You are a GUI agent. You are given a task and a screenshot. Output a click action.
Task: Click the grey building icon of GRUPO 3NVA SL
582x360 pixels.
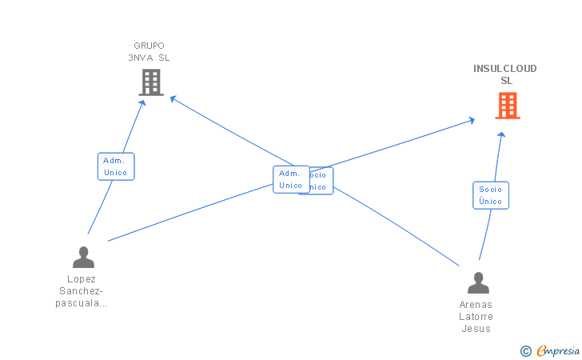[x=151, y=82]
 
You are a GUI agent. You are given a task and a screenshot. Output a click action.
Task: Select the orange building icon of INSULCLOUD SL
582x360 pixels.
[x=507, y=106]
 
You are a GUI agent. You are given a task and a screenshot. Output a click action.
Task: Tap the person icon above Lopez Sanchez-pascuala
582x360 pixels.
[x=83, y=257]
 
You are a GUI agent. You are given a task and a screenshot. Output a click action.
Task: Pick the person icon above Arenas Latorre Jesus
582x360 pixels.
[x=478, y=283]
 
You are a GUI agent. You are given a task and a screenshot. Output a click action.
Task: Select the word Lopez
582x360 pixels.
[x=82, y=279]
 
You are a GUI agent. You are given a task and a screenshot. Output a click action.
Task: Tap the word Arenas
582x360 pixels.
[x=476, y=305]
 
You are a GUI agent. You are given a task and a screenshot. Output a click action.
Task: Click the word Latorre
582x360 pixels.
[x=476, y=317]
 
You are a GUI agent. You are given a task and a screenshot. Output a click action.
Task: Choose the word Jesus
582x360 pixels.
[x=476, y=329]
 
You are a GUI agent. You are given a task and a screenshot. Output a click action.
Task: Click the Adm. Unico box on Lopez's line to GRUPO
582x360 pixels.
[x=116, y=166]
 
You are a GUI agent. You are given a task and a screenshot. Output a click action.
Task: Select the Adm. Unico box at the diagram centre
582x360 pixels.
[x=290, y=179]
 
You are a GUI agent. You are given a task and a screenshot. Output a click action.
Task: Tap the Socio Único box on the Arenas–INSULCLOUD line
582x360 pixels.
[x=490, y=195]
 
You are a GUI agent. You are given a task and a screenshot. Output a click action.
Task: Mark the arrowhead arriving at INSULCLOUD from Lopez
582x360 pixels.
[x=472, y=121]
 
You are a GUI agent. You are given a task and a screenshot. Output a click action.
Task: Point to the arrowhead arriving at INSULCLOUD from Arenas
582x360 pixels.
[x=501, y=135]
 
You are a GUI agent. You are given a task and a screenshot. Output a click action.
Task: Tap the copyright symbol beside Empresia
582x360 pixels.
[x=525, y=350]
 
